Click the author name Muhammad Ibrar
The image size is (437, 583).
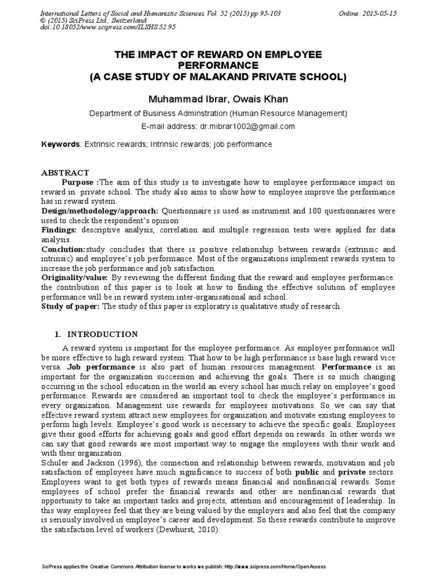[182, 99]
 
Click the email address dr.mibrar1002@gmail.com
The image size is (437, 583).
[247, 126]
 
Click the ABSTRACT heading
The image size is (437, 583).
[65, 173]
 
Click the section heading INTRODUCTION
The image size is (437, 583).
[102, 334]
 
